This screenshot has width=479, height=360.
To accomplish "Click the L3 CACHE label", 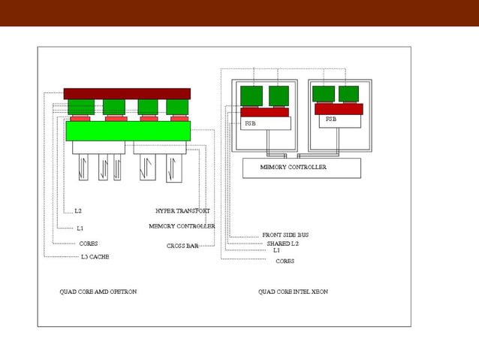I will (x=95, y=257).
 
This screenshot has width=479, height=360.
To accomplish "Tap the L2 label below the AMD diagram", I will (x=78, y=211).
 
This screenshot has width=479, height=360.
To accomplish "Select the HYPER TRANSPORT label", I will (x=182, y=211).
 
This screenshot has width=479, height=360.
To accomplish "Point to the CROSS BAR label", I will (x=182, y=246).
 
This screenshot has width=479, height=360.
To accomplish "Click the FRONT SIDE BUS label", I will (x=285, y=235).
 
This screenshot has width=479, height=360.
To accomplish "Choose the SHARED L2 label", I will (x=282, y=244).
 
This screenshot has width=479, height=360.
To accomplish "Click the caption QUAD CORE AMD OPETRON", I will (x=98, y=291).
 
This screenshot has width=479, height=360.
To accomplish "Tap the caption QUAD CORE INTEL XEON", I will (x=293, y=291).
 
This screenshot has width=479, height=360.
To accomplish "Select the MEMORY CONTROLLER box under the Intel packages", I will (x=301, y=168).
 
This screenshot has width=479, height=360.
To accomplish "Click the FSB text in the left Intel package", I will (x=250, y=123).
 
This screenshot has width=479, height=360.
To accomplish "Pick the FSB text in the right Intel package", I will (x=331, y=119).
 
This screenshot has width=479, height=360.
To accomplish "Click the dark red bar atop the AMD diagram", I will (x=127, y=94).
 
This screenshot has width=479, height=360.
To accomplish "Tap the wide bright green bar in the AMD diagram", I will (x=128, y=131).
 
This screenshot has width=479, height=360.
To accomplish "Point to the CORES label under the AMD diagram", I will (x=89, y=244).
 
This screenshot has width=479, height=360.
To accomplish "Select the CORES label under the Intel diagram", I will (x=285, y=262).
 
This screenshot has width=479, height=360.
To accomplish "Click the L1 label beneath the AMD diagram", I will (x=80, y=228).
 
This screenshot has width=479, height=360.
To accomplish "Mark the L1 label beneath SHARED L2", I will (x=276, y=250).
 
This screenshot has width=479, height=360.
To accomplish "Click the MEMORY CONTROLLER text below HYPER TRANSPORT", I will (x=182, y=226).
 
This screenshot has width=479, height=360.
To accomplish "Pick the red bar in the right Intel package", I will (x=339, y=109).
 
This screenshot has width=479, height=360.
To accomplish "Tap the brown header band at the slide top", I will (x=239, y=13).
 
